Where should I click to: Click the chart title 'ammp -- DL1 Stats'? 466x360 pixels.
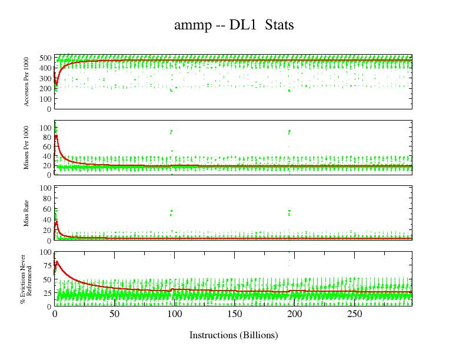233,25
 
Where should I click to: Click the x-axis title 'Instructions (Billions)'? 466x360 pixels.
233,335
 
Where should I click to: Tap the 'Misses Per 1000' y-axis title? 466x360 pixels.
27,148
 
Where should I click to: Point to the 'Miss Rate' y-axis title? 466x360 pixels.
27,213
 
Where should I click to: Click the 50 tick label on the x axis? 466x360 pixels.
114,314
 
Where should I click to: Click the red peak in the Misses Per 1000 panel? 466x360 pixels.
56,136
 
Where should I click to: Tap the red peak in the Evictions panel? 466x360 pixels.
56,261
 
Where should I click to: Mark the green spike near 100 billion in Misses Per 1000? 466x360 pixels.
171,132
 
